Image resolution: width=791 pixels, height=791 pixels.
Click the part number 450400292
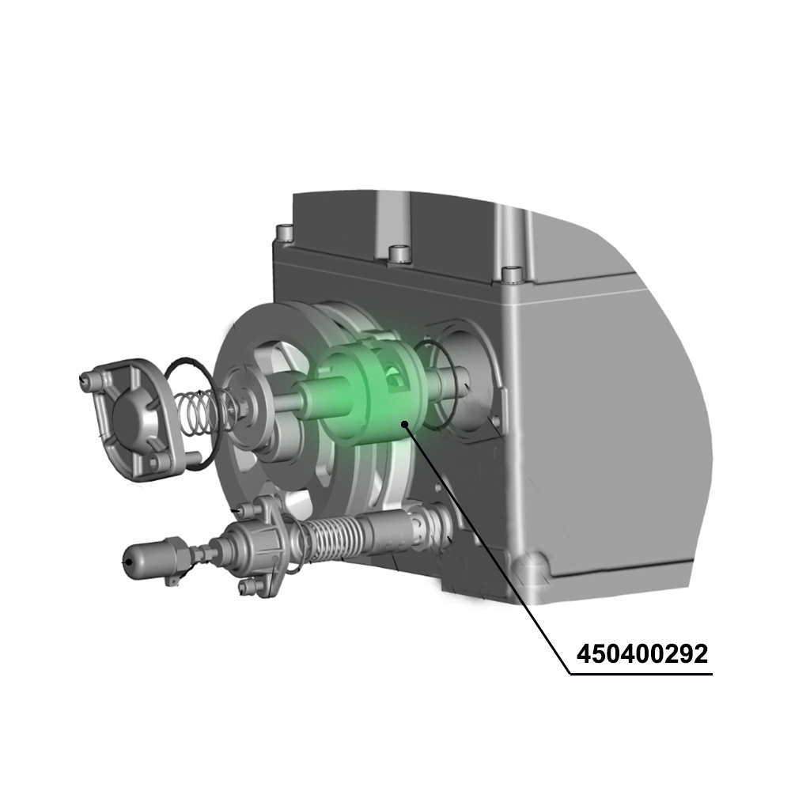coord(642,654)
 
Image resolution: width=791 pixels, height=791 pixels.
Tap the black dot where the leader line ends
coord(405,424)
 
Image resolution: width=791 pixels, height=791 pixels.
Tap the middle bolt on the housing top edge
coord(398,255)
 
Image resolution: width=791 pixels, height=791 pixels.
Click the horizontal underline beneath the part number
coord(642,675)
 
